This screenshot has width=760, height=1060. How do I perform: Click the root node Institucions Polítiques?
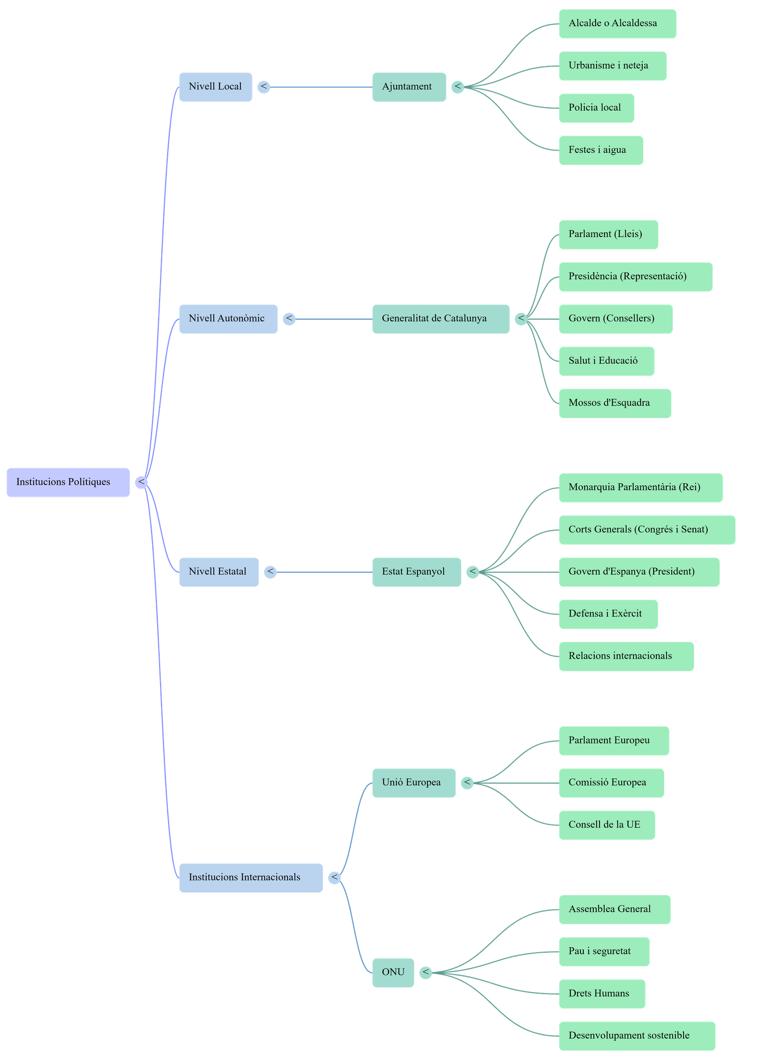[68, 482]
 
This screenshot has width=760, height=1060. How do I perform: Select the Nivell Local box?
[216, 87]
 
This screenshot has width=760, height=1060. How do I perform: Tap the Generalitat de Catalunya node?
[440, 319]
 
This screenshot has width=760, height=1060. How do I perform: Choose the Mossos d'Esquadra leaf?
[615, 403]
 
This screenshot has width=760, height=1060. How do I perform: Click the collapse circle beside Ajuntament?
[457, 87]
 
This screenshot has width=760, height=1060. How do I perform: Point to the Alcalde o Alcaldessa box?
[617, 23]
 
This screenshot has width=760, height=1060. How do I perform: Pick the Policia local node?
[596, 108]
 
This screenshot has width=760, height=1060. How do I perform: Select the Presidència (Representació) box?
[635, 276]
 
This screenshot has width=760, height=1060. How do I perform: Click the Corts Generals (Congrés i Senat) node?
[646, 530]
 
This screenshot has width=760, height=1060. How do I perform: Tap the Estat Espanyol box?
[416, 572]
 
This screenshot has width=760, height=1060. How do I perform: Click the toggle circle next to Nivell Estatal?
[270, 572]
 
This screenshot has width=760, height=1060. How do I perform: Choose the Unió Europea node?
[413, 783]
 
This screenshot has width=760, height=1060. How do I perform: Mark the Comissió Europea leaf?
[611, 783]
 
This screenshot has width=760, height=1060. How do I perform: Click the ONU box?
[393, 973]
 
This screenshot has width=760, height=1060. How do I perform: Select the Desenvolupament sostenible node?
[636, 1036]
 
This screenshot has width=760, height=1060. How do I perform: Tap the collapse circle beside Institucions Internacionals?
[334, 878]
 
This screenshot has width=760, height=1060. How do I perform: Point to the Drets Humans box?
[601, 994]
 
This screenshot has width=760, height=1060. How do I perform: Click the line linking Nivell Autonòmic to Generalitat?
[332, 319]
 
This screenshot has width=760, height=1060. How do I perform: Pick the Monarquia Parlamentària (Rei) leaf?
[640, 487]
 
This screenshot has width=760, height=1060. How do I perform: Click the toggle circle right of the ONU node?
[426, 973]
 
